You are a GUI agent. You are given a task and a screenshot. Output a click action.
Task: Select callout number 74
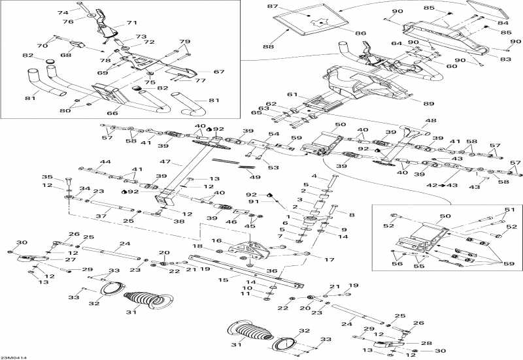point(63,12)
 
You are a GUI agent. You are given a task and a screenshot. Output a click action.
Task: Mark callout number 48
point(431,120)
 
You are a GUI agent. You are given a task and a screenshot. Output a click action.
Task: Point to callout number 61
point(292,94)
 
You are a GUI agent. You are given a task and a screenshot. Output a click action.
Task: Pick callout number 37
point(100,216)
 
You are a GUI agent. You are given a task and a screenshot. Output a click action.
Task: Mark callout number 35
point(47,177)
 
